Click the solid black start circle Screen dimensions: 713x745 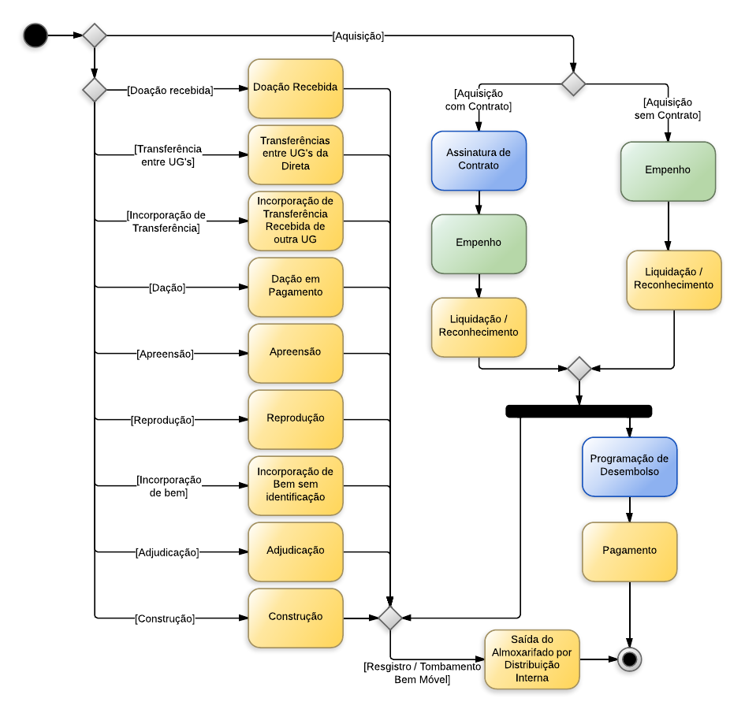pos(35,35)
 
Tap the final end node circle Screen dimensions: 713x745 pos(629,659)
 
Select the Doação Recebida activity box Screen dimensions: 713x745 pos(296,88)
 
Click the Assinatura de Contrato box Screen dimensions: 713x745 pos(479,160)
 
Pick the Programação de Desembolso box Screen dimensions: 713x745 pos(629,466)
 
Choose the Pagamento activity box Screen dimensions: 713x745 pos(629,551)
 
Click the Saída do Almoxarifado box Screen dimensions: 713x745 pos(531,659)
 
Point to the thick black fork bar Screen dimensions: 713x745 pos(579,410)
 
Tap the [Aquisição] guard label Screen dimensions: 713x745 pos(358,35)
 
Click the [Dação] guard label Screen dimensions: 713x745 pos(167,288)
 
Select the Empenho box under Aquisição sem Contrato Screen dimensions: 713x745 pos(668,171)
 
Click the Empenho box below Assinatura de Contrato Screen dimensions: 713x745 pos(479,243)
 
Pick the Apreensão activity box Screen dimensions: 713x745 pos(296,353)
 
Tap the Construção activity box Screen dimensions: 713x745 pos(296,618)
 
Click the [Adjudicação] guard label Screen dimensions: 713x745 pos(167,552)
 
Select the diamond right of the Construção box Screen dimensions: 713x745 pos(390,618)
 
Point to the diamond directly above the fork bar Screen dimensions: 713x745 pos(579,368)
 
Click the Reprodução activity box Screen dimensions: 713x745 pos(296,419)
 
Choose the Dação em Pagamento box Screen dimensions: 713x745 pos(296,287)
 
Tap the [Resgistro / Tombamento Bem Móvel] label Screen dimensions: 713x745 pos(422,673)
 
